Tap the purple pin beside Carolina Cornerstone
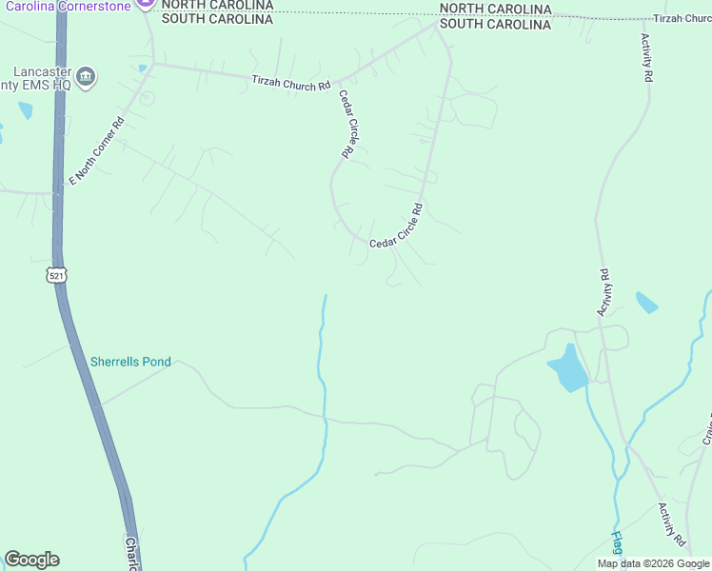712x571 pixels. tap(145, 4)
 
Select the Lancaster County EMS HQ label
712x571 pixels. tap(43, 78)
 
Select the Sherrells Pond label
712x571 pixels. tap(130, 362)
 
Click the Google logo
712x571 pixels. tap(31, 560)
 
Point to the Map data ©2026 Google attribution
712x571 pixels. tap(653, 563)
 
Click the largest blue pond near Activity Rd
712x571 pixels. tap(568, 368)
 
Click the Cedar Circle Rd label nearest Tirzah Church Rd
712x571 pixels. tap(346, 124)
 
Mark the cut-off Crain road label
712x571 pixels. tap(707, 428)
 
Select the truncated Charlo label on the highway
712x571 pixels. tap(132, 553)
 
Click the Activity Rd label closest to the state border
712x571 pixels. tap(646, 57)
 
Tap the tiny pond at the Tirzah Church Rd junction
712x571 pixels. tap(142, 69)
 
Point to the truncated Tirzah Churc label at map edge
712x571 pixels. tap(682, 19)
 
